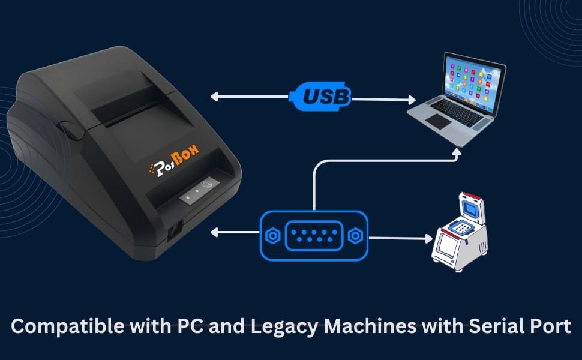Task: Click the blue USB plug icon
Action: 320,95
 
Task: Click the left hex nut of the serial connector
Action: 272,236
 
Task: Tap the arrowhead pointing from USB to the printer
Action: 215,96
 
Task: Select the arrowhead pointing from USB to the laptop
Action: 412,100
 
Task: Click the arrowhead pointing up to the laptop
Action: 457,154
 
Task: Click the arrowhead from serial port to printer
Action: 215,232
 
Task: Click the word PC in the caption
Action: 188,326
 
